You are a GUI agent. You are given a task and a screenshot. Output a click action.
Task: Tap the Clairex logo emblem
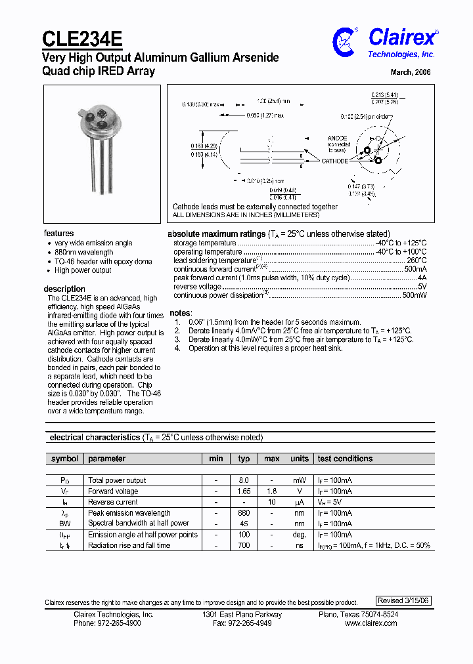coord(345,41)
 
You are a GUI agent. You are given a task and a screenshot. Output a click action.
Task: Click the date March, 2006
coord(411,73)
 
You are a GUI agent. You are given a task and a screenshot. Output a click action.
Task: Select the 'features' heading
coord(58,234)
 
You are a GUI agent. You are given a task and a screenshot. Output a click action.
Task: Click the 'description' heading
coord(64,289)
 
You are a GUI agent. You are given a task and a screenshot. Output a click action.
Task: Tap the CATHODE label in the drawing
coord(334,161)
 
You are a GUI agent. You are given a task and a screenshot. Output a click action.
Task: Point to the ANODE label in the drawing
coord(338,138)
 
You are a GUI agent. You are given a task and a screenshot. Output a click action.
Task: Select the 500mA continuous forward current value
coord(415,269)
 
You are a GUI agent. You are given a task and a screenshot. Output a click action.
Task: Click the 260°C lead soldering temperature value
coord(417,260)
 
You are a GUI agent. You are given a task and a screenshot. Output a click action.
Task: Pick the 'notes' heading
coord(180,313)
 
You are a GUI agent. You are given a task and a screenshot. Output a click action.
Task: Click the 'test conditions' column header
coord(345,459)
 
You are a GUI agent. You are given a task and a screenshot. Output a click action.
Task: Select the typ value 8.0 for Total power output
coord(244,480)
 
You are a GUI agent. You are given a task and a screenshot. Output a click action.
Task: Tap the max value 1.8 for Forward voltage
coord(271,491)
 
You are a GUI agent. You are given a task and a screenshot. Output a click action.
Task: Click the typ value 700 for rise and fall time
coord(244,545)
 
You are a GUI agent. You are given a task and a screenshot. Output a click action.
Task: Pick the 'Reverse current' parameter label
coord(112,502)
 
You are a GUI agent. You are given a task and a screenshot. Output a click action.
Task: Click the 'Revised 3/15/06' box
coord(404,600)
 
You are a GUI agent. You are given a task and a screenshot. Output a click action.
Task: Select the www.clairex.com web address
coord(371,623)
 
